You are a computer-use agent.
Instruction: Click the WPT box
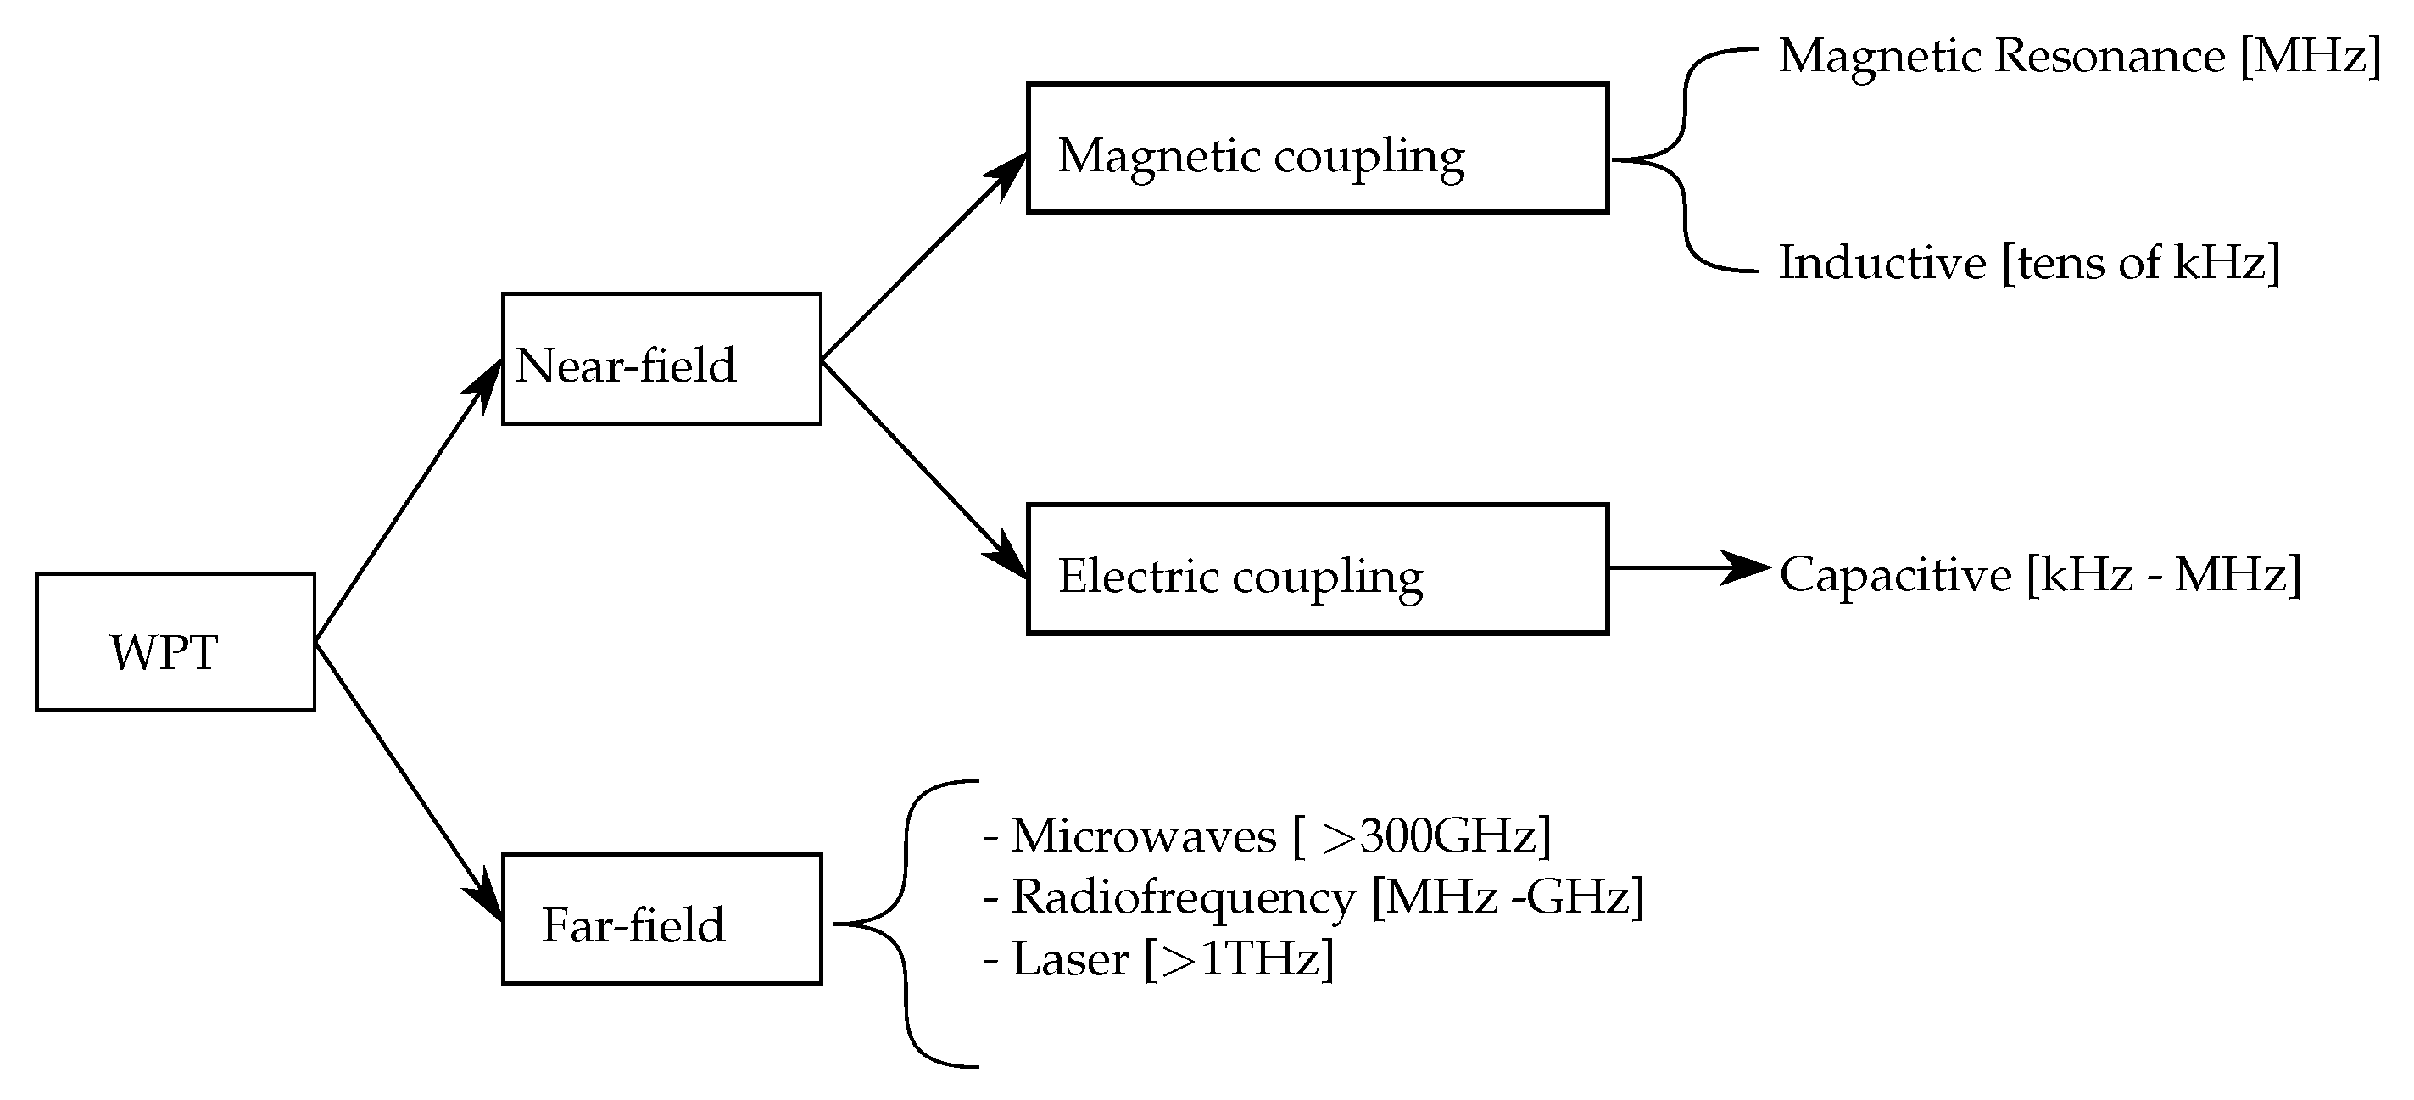176,643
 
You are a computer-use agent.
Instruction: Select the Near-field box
661,359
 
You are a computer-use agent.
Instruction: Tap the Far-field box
661,919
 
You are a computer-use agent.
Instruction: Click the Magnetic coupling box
1318,149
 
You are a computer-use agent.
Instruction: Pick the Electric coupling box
1318,570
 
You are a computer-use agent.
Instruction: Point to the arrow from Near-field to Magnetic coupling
923,258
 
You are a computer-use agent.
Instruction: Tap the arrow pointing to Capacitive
1686,567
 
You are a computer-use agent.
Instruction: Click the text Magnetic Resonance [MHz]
2078,56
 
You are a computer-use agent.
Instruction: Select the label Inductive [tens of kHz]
2029,262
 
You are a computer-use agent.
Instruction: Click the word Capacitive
1895,574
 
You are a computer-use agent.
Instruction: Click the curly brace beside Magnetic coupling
1685,160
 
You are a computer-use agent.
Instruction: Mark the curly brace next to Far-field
906,924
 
